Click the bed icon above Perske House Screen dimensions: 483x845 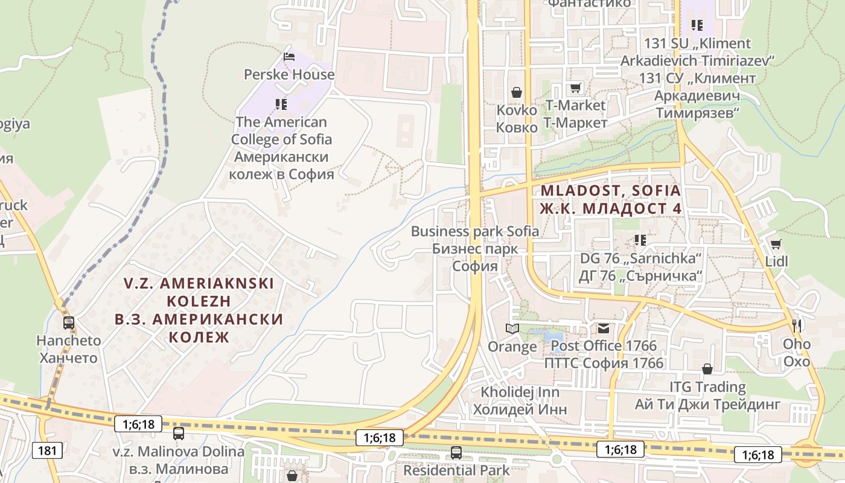(x=289, y=57)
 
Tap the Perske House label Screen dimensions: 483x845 (x=289, y=74)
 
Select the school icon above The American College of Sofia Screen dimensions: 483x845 (x=281, y=104)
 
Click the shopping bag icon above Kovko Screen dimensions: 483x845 (x=517, y=92)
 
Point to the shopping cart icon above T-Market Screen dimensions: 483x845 (x=576, y=88)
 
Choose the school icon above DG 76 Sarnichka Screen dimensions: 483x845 (x=640, y=240)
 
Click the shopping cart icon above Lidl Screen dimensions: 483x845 (x=776, y=244)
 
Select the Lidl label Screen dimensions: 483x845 (x=776, y=261)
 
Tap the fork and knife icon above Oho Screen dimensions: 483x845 (x=797, y=325)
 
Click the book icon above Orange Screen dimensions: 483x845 (x=512, y=329)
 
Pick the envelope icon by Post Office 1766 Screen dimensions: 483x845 (x=604, y=328)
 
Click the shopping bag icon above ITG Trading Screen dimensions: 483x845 (x=707, y=368)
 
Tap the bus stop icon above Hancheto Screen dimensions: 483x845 (x=69, y=323)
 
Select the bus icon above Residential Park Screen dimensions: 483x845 (x=456, y=452)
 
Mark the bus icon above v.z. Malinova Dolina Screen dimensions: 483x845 (x=179, y=433)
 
